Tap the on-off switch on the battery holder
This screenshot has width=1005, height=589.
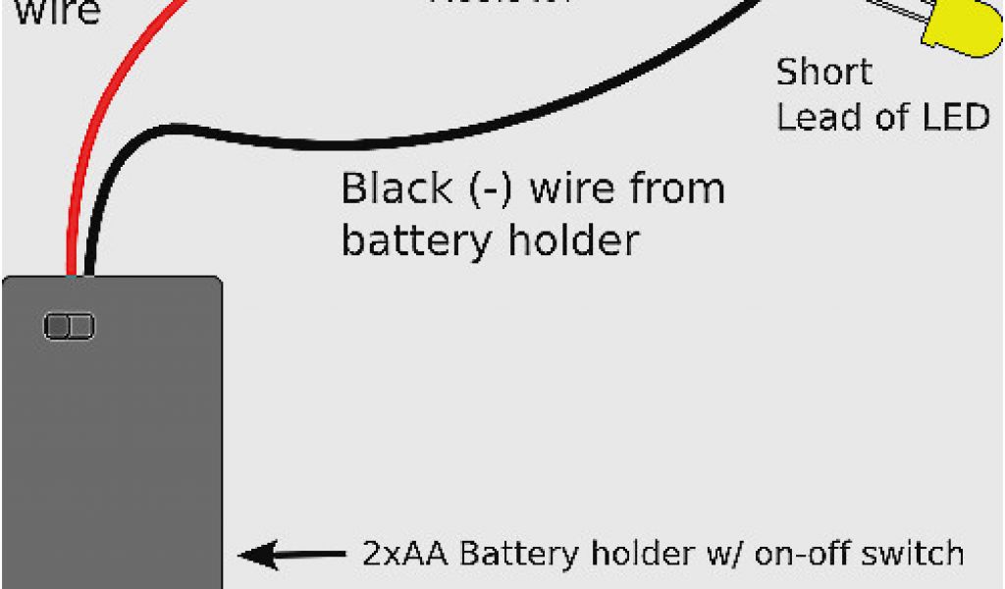[69, 326]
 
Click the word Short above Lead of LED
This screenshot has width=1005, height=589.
[823, 73]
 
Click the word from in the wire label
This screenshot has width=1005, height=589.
[676, 188]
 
